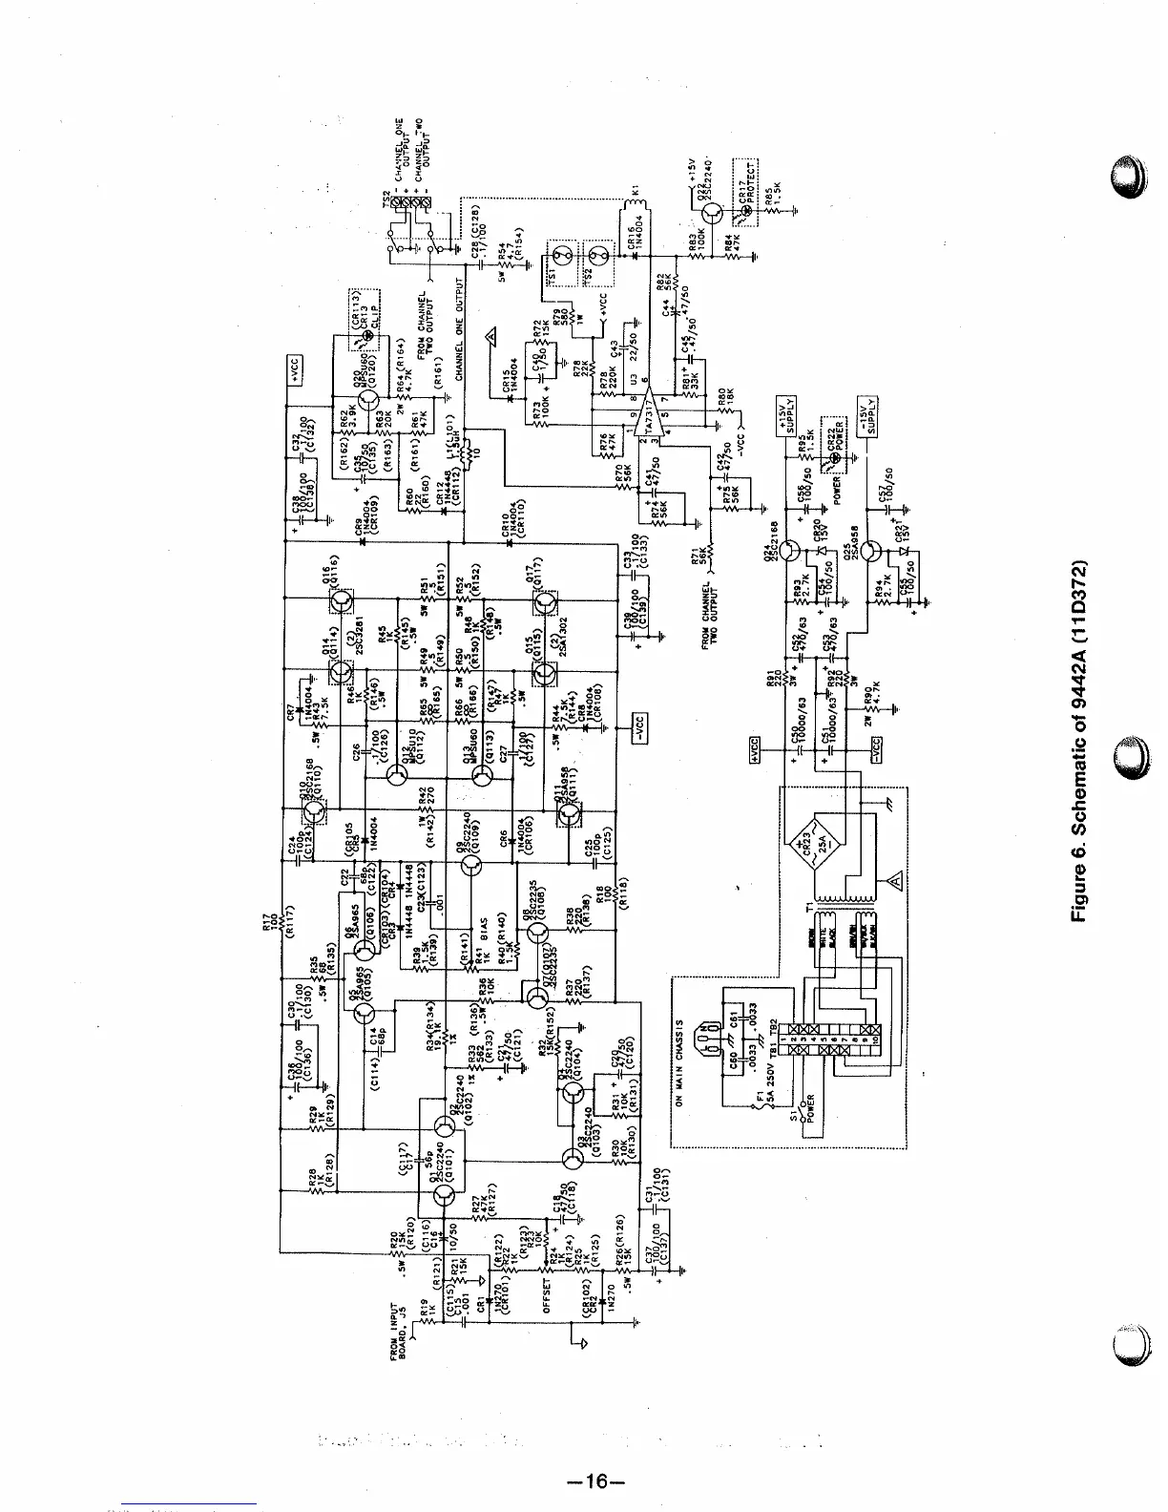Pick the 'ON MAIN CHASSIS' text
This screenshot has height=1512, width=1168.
pyautogui.click(x=679, y=1060)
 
